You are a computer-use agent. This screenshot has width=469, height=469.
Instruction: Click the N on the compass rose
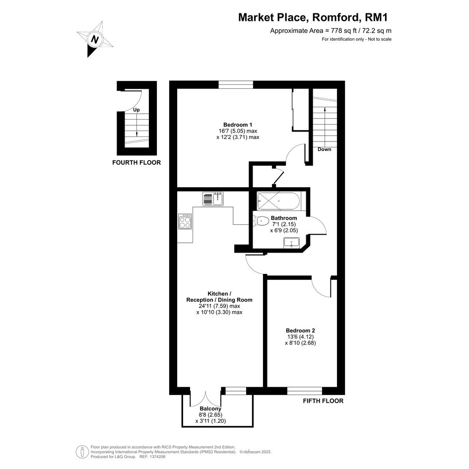(x=95, y=40)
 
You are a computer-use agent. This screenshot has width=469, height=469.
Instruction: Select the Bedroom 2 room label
(x=300, y=331)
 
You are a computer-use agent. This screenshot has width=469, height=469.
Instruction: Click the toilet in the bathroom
(x=261, y=221)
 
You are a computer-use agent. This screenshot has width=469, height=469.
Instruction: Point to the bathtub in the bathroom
(x=278, y=201)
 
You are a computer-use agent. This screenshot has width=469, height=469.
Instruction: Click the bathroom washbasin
(x=292, y=243)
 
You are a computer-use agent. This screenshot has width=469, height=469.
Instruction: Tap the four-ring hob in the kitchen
(x=185, y=221)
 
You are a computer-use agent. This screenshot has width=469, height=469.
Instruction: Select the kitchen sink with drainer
(x=213, y=199)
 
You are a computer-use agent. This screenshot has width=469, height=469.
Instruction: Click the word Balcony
(x=210, y=408)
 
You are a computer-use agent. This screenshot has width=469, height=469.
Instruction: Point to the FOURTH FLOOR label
(x=136, y=162)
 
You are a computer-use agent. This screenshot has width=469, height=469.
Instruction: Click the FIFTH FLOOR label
(x=323, y=401)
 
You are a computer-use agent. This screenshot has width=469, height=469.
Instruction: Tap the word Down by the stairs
(x=325, y=149)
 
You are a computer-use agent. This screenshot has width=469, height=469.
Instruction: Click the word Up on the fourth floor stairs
(x=136, y=110)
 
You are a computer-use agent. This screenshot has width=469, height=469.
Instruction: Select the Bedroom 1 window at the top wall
(x=236, y=85)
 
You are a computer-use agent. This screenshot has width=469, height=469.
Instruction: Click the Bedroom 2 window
(x=305, y=391)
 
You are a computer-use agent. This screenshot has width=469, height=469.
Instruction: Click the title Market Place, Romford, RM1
(x=313, y=17)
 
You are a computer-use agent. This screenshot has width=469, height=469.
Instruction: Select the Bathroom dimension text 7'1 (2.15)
(x=284, y=224)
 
